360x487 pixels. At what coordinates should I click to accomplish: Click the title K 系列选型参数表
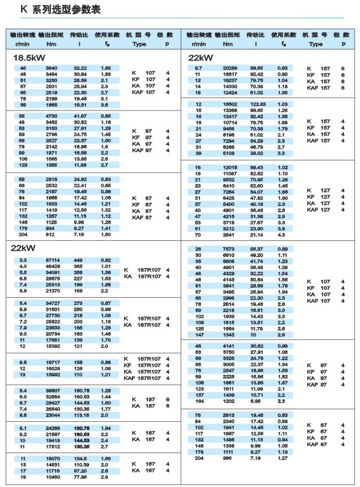[x=60, y=9]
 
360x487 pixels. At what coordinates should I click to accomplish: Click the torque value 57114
[x=51, y=260]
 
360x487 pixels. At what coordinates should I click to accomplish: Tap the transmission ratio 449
[x=79, y=260]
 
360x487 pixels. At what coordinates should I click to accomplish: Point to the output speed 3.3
[x=23, y=260]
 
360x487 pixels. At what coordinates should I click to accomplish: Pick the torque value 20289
[x=230, y=68]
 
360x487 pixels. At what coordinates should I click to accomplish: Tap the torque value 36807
[x=51, y=391]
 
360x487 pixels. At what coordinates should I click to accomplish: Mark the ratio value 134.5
[x=80, y=458]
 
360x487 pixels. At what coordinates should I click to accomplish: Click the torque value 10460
[x=51, y=477]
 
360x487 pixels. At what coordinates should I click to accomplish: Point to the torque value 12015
[x=230, y=167]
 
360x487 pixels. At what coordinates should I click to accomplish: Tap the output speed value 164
[x=200, y=401]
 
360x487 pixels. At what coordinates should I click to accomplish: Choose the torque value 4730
[x=51, y=115]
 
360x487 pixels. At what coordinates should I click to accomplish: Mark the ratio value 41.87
[x=80, y=115]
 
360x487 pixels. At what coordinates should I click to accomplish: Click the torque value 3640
[x=51, y=68]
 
